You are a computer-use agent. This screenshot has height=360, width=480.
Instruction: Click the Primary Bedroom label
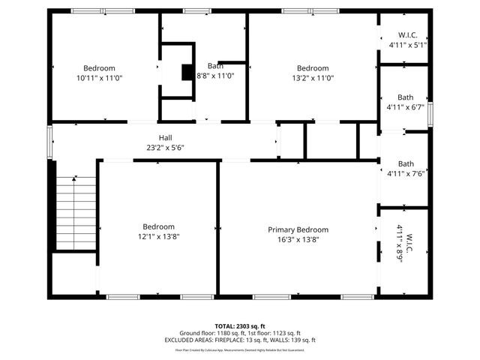tap(298, 229)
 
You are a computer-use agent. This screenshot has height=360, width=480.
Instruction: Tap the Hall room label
tap(165, 137)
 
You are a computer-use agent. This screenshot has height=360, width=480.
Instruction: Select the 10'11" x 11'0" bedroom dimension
tap(99, 78)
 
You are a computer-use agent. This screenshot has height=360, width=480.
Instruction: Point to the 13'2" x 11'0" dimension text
tap(313, 78)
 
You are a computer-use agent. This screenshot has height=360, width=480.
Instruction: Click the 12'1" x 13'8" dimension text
tap(158, 236)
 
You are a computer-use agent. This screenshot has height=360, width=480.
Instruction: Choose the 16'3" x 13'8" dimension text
tap(298, 240)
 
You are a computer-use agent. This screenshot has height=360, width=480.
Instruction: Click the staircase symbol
tap(76, 213)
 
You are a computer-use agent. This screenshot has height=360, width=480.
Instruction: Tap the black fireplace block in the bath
tap(187, 72)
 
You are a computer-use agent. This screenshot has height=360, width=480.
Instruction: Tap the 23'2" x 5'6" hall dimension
tap(165, 148)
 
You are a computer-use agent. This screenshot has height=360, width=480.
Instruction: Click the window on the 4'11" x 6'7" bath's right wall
tap(429, 109)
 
